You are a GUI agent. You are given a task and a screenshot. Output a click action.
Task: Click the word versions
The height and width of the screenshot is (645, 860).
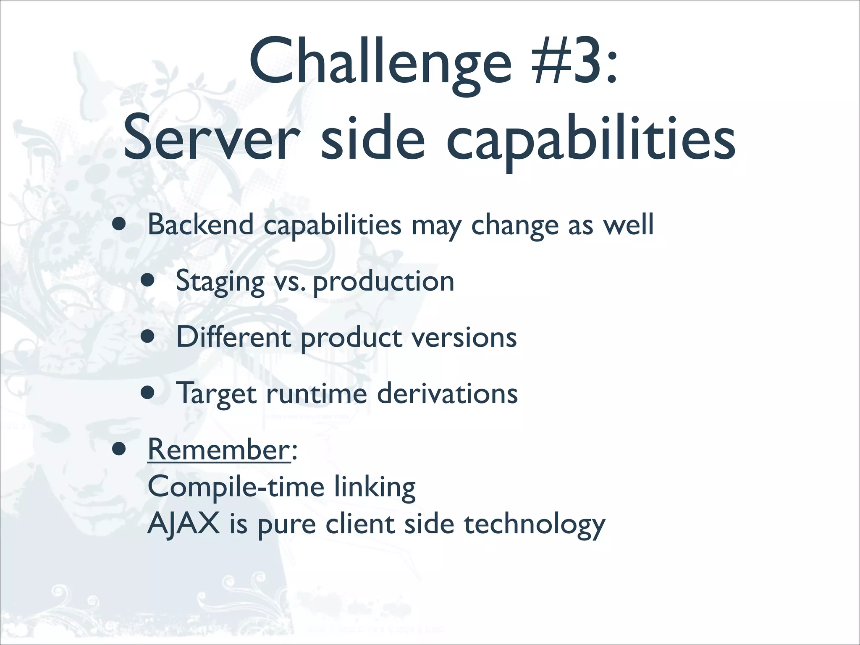(x=464, y=338)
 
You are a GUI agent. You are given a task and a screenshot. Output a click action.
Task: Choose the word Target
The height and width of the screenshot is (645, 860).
(x=216, y=394)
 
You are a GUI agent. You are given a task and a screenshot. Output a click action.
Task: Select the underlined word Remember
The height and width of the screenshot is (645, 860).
(x=218, y=450)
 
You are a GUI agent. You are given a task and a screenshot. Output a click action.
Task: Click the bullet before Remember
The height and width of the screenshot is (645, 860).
(x=119, y=449)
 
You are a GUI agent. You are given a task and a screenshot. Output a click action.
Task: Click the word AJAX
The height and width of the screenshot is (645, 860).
(x=184, y=524)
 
